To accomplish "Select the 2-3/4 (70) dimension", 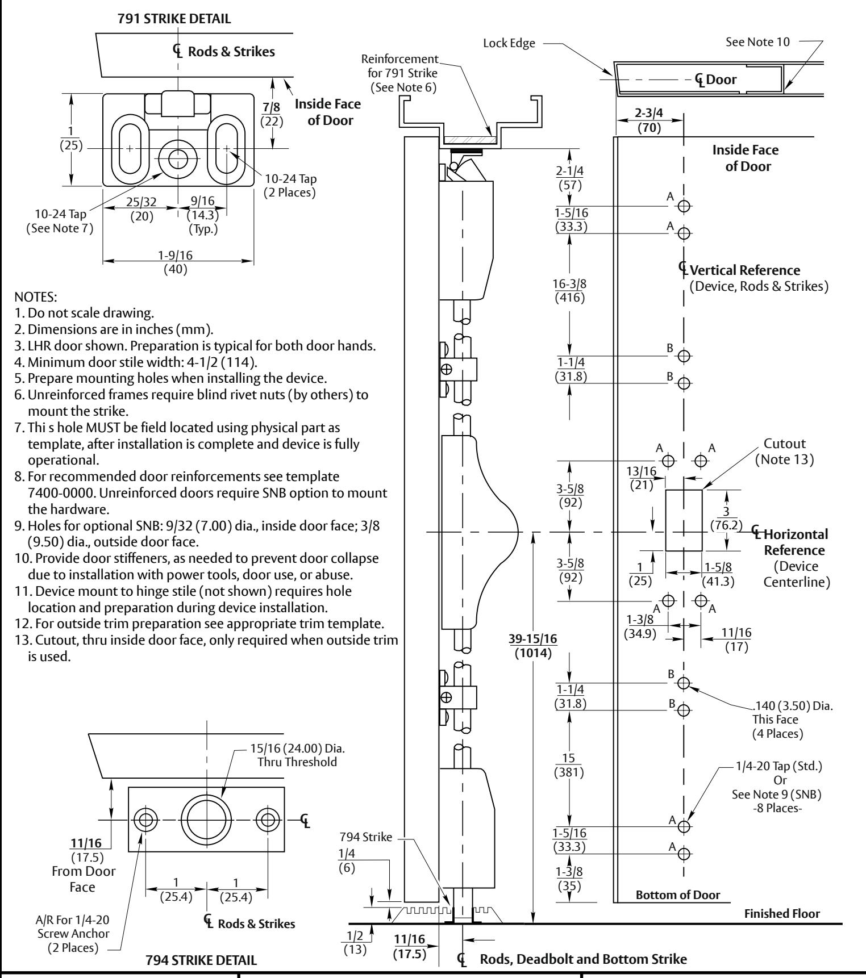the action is pos(649,120).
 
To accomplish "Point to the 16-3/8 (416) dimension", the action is pos(569,290).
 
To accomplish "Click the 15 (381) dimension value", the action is pos(569,766).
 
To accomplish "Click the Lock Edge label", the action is pos(509,44).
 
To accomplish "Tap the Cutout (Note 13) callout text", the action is pos(784,452).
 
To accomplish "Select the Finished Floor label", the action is pos(782,914).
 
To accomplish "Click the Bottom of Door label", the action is pos(678,895).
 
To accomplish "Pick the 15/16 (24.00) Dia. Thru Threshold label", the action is pos(294,755).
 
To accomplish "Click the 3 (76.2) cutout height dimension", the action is pos(726,519).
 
